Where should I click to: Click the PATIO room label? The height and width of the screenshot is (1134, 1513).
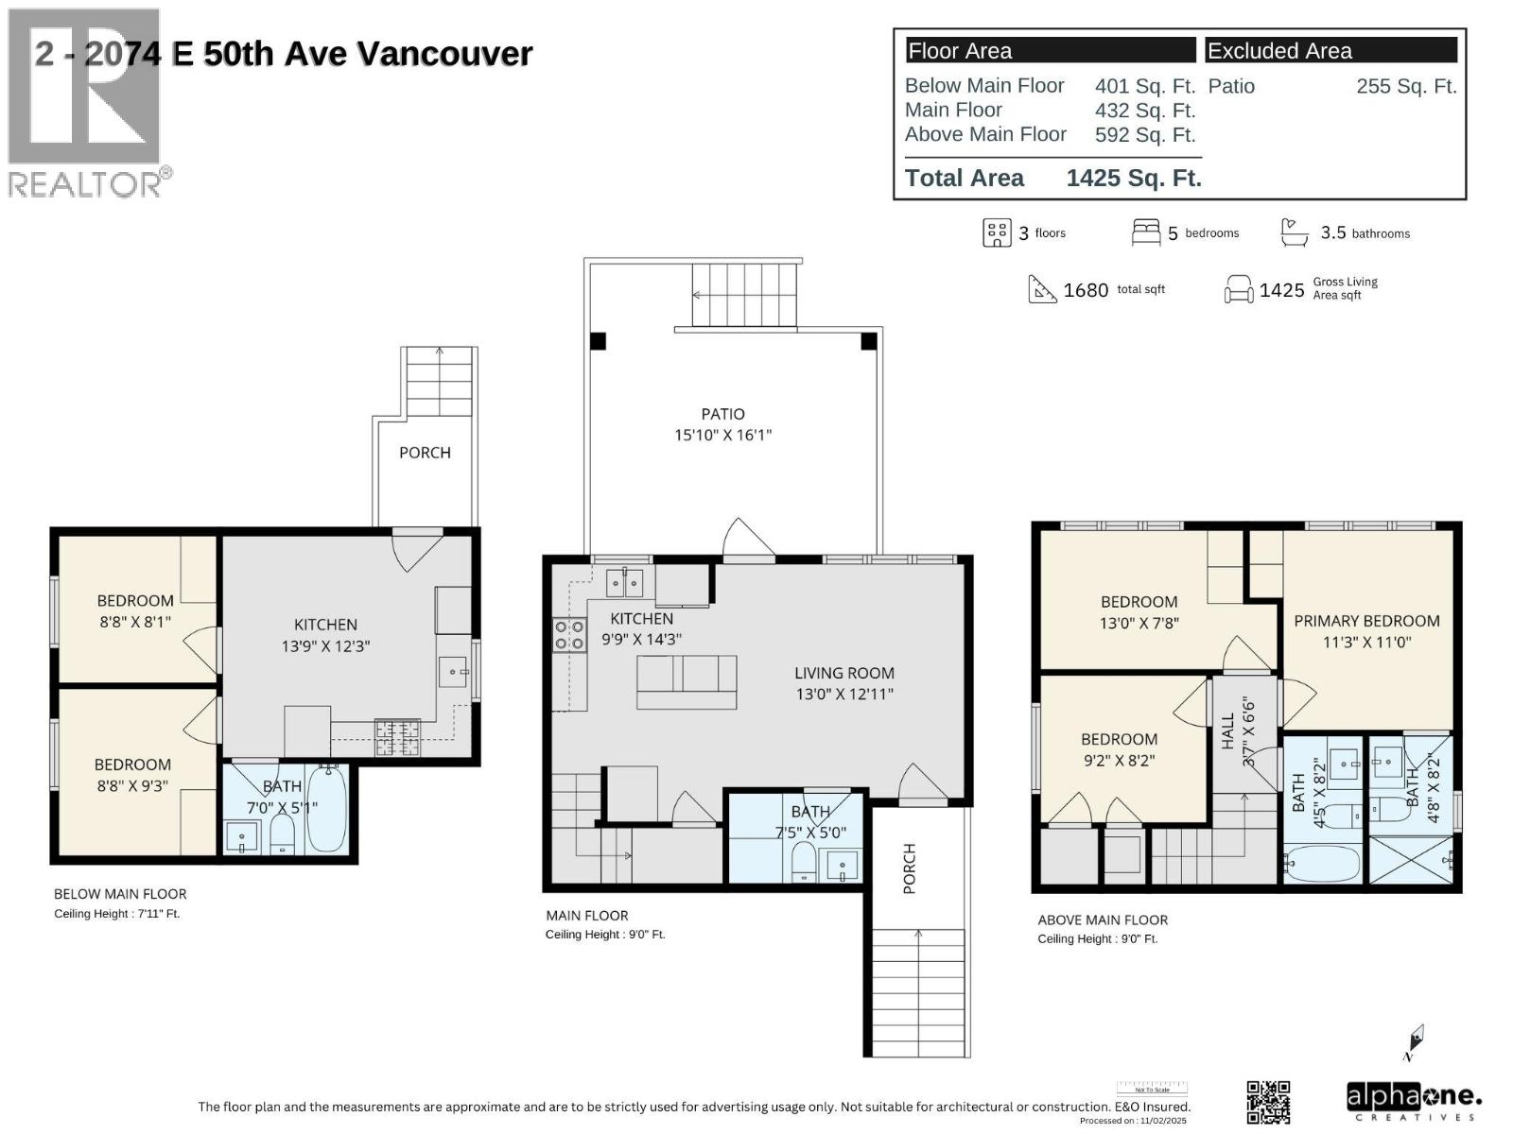coord(722,414)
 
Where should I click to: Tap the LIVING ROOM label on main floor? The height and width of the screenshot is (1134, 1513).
coord(843,673)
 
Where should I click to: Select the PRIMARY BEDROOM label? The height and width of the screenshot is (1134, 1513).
coord(1366,621)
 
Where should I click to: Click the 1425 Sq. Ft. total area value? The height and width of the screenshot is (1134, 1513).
coord(1133,178)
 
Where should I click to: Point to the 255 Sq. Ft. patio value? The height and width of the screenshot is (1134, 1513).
coord(1405,86)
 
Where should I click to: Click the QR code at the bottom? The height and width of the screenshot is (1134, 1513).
coord(1268,1102)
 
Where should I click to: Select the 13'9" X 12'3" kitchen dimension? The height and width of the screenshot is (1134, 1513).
coord(325,646)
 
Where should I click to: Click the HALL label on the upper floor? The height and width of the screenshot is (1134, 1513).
coord(1227,731)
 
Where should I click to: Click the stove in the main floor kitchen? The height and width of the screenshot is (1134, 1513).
coord(569,635)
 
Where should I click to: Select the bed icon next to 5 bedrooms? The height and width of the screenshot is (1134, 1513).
coord(1145,232)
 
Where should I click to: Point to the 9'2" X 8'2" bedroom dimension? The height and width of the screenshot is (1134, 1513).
coord(1119,761)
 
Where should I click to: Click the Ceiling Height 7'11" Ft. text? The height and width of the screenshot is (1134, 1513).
coord(116,914)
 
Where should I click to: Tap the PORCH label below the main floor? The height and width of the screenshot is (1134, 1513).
coord(910,868)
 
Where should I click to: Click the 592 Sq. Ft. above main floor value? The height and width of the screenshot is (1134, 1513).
coord(1144,135)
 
